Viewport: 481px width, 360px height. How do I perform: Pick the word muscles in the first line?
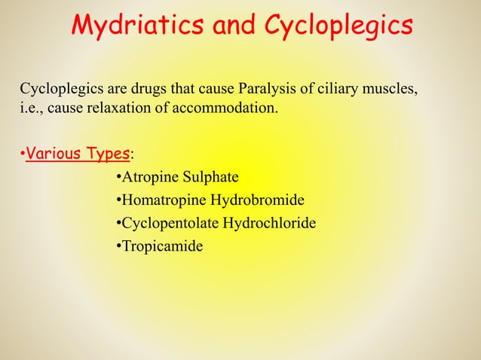coord(388,92)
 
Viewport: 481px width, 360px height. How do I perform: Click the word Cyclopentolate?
coord(169,224)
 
